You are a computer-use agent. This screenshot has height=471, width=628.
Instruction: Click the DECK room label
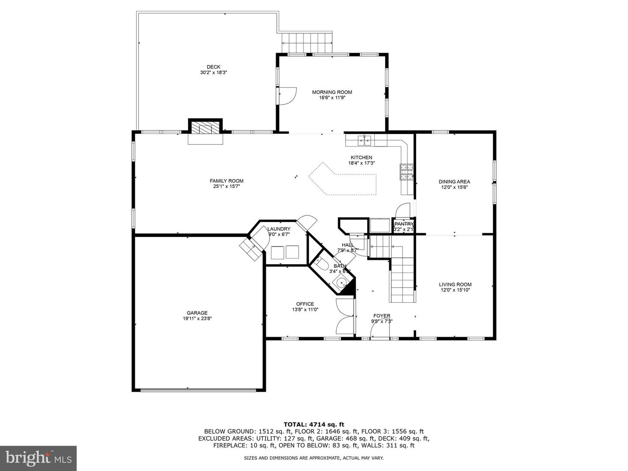click(x=213, y=67)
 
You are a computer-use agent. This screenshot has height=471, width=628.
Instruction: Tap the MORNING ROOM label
click(x=332, y=92)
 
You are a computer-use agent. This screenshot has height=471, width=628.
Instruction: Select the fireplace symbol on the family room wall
click(x=205, y=128)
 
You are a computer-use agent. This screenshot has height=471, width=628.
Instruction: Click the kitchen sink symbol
click(x=365, y=140)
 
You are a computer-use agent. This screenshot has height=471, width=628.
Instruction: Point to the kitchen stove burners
click(x=406, y=171)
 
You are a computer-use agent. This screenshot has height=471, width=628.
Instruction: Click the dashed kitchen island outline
click(x=343, y=178)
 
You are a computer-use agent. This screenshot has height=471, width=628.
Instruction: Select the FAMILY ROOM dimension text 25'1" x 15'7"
click(x=226, y=187)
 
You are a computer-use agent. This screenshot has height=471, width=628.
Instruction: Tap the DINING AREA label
click(x=454, y=181)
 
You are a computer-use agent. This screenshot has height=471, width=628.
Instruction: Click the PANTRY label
click(x=403, y=224)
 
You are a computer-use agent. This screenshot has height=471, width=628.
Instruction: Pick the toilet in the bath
click(x=321, y=264)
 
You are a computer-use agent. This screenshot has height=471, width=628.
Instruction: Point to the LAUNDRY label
click(x=279, y=229)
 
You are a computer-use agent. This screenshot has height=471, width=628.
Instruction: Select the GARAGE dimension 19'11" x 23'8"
click(x=197, y=318)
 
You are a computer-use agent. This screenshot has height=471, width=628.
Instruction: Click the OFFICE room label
click(x=305, y=304)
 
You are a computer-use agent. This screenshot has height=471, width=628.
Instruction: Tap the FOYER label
click(x=382, y=316)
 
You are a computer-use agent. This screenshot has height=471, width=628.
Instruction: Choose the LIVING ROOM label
click(x=455, y=284)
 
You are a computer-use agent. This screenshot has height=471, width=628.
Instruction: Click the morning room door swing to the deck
click(x=287, y=96)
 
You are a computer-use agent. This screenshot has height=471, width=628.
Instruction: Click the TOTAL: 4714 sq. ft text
click(x=314, y=424)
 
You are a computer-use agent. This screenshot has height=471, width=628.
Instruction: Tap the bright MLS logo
click(x=38, y=458)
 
